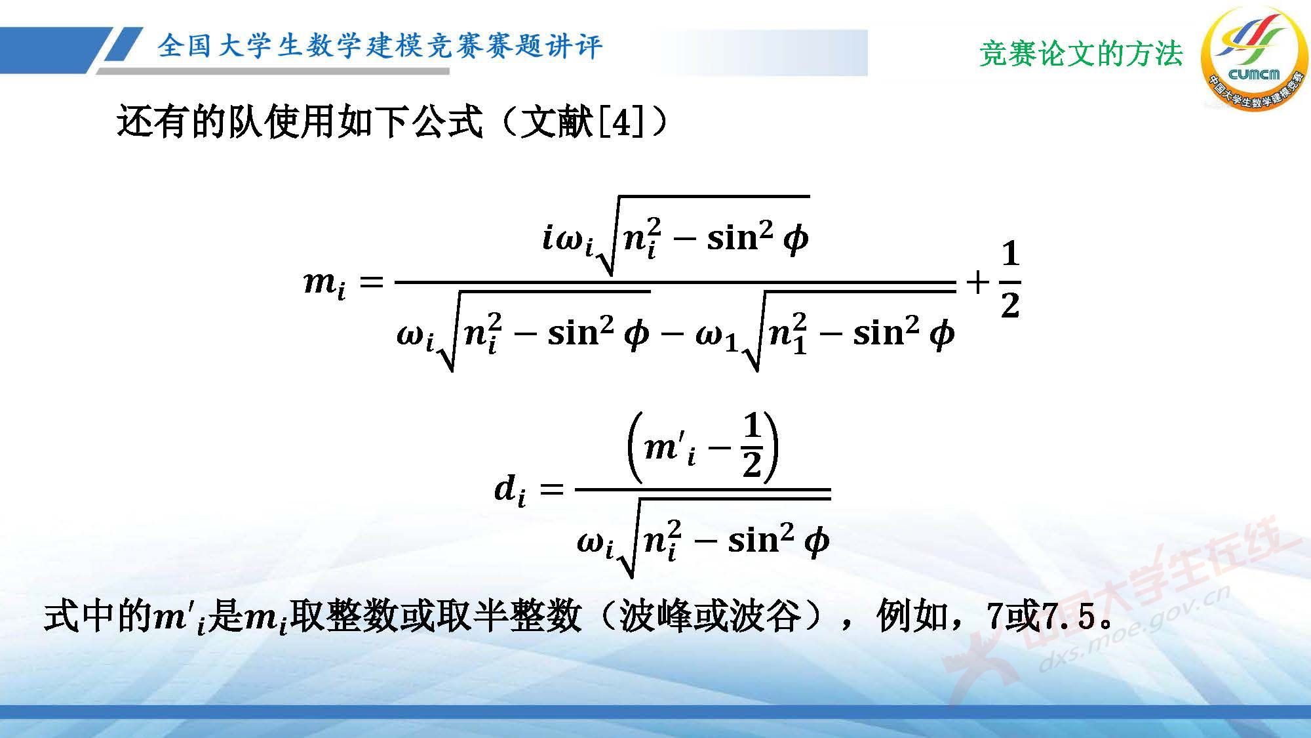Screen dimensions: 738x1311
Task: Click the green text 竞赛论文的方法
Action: click(1081, 54)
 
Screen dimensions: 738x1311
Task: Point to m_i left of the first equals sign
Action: click(324, 283)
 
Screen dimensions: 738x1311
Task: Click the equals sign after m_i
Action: click(371, 282)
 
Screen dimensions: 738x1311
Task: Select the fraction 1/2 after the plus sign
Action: click(1010, 280)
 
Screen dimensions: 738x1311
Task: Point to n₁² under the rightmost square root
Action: click(788, 335)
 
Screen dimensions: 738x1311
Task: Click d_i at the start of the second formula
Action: click(509, 490)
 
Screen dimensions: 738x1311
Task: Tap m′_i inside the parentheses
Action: click(669, 449)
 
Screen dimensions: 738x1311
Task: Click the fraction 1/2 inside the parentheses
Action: click(752, 446)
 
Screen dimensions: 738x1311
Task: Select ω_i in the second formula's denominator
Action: click(595, 543)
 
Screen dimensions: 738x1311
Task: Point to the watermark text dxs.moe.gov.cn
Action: click(1134, 630)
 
